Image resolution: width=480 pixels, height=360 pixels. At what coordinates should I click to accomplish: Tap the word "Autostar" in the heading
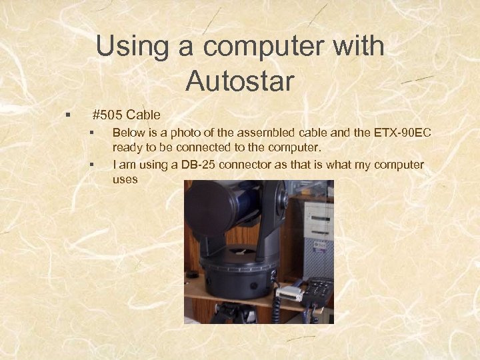point(240,81)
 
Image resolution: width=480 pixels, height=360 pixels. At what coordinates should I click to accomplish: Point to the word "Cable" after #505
point(143,115)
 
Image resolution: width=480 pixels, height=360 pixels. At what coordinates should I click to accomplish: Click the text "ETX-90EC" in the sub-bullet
point(403,133)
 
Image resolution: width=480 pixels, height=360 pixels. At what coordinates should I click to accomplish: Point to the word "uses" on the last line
point(125,179)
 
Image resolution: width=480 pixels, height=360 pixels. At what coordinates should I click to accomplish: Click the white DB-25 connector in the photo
point(289,293)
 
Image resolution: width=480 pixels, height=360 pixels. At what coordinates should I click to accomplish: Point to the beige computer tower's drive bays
point(318,220)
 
